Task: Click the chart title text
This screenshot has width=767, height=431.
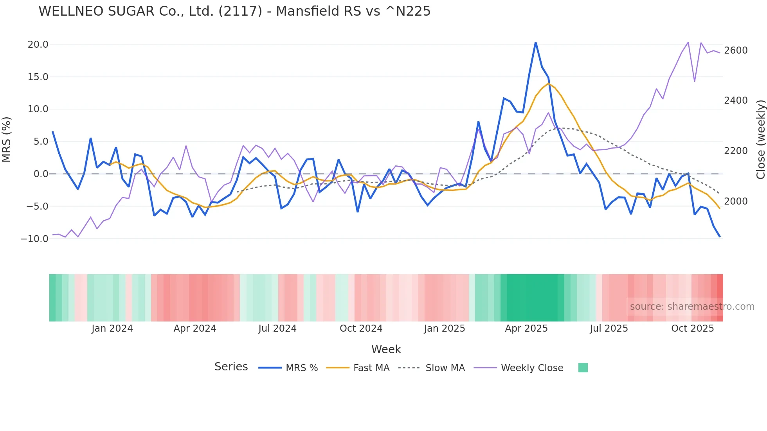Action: [234, 11]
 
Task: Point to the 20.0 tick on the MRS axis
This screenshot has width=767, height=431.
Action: [38, 45]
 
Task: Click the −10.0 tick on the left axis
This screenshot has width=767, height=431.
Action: [34, 239]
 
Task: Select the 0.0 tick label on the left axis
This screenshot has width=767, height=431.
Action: [41, 174]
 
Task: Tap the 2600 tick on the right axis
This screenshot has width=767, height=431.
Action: [736, 50]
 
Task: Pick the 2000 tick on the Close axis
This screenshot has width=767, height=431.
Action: [736, 201]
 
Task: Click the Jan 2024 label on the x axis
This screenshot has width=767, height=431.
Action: [112, 329]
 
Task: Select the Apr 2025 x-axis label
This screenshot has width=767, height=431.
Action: [526, 329]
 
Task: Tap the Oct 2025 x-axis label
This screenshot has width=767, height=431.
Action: [693, 329]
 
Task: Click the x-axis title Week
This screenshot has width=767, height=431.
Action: [386, 349]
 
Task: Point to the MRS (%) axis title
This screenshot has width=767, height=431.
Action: [7, 140]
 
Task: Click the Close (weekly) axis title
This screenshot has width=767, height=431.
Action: [760, 140]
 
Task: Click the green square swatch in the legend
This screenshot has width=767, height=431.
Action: [583, 368]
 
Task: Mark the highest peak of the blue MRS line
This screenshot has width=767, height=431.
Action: [536, 42]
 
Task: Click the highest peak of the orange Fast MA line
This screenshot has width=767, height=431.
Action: [549, 83]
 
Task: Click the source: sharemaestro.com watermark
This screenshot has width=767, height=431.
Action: [692, 307]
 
